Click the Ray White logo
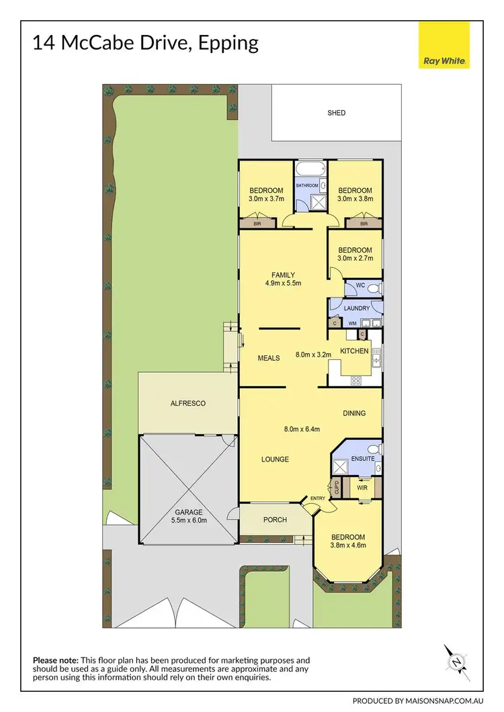click(x=445, y=46)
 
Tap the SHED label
click(x=337, y=113)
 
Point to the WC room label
click(x=360, y=285)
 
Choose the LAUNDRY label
click(x=356, y=308)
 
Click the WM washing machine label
click(x=352, y=324)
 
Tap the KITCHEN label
click(x=354, y=351)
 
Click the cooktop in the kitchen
click(x=355, y=380)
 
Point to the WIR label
click(x=362, y=488)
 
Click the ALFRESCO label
click(x=187, y=404)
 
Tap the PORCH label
click(x=275, y=520)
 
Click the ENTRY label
click(x=317, y=498)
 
